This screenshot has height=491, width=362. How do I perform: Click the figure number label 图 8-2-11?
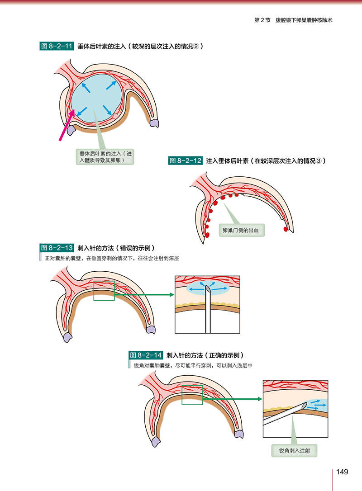(x=57, y=46)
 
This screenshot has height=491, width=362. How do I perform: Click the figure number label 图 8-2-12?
(x=185, y=161)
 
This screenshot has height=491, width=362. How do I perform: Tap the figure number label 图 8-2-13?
(x=57, y=248)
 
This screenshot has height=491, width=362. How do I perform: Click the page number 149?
(x=342, y=472)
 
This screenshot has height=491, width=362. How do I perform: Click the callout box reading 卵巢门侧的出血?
(x=241, y=230)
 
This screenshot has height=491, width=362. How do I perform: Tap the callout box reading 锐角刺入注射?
(x=295, y=451)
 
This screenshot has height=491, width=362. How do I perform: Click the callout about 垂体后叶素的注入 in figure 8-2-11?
(x=105, y=156)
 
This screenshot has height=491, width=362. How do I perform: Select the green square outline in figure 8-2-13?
(x=104, y=290)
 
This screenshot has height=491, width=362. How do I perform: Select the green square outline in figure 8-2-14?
(x=192, y=395)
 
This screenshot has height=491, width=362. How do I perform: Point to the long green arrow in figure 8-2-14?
(x=232, y=399)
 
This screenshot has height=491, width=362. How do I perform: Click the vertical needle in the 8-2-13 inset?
(x=208, y=316)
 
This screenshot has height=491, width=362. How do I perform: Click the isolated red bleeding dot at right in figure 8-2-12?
(x=286, y=229)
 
